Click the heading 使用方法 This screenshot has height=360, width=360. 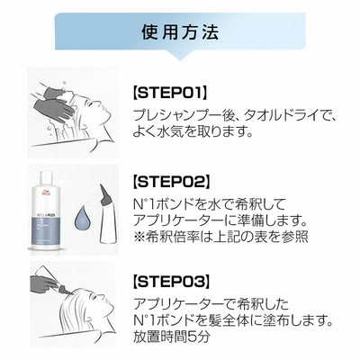(x=180, y=32)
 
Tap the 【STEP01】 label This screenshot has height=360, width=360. (x=170, y=93)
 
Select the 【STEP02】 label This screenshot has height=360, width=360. (x=171, y=182)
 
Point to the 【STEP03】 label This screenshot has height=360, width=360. (x=171, y=282)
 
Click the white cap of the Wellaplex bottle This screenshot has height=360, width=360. (x=46, y=178)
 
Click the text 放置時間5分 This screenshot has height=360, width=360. (x=171, y=337)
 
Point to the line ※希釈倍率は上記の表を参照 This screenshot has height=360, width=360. (x=220, y=237)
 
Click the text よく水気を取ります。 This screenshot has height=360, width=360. (x=193, y=131)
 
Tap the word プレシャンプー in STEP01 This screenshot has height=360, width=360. (x=178, y=115)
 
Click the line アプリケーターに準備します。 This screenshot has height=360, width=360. (x=220, y=220)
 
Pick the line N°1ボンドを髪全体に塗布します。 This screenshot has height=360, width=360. (x=233, y=321)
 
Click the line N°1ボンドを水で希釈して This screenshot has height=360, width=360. (x=209, y=204)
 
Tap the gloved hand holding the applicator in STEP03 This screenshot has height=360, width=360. (x=43, y=283)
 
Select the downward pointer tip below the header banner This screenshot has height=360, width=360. (x=180, y=59)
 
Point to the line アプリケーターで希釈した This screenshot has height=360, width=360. (x=211, y=304)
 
